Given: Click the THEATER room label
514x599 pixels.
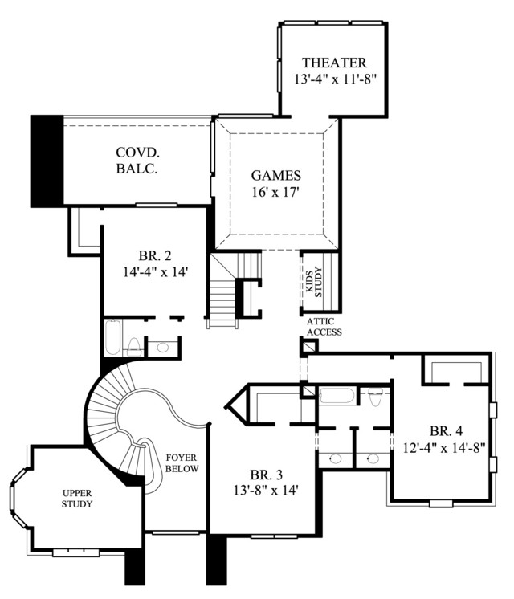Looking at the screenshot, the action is pos(334,63).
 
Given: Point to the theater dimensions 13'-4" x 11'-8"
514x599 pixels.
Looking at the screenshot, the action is pos(335,79).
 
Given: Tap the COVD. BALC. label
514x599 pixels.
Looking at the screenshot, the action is pos(137,161).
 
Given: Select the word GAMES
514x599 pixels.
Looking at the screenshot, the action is pos(276,175).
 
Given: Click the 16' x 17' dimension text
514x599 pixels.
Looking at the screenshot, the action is pos(275,192).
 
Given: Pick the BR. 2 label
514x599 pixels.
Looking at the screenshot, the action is pos(155,255).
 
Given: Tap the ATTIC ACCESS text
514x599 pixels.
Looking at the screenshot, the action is pos(324,327).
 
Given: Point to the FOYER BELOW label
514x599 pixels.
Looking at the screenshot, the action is pos(182,463).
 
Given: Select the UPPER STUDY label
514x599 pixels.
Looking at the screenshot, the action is pos(77,499).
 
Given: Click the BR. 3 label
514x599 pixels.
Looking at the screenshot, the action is pos(267,475).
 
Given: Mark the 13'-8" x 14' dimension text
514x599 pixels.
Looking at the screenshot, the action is pos(266,490).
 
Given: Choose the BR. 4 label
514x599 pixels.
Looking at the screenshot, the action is pos(446,431).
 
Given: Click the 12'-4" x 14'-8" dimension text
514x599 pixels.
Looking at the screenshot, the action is pos(444,447).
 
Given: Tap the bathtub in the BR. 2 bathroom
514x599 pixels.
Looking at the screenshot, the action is pos(113,338).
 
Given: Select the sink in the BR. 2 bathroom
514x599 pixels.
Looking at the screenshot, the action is pos(163,347).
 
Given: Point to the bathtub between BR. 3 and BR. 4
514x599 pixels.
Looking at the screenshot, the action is pos(337,395).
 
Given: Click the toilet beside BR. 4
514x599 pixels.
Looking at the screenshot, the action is pos(376,395).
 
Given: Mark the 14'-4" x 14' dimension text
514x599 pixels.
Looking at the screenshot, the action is pos(155,271).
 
